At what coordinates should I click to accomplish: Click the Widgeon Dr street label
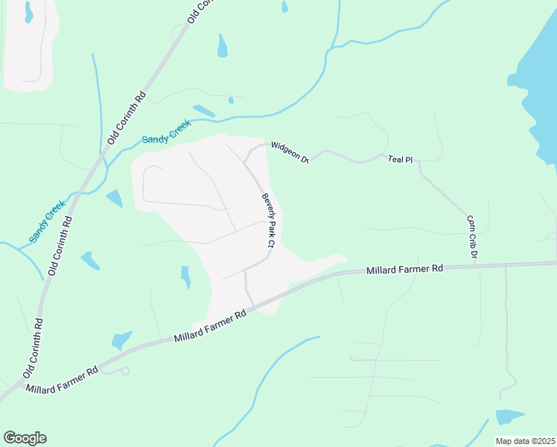tap(289, 151)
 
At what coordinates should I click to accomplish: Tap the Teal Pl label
tap(399, 159)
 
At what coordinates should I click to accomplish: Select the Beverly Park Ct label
tap(268, 221)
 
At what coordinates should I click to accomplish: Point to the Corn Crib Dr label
tap(471, 238)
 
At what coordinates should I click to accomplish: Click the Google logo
tap(25, 438)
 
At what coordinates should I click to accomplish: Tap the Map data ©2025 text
tap(525, 441)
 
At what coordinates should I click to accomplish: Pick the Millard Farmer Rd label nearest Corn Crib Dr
tap(404, 269)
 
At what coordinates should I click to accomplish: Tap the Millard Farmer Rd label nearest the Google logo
tap(61, 378)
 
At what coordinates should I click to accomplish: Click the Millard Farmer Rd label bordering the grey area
tap(210, 327)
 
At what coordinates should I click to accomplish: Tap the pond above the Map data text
tap(509, 417)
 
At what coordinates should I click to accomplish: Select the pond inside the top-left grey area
tap(28, 11)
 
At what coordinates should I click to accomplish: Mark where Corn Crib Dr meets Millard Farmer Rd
tap(474, 264)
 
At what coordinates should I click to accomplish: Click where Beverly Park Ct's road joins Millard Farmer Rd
tap(253, 305)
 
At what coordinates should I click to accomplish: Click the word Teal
tap(394, 159)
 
